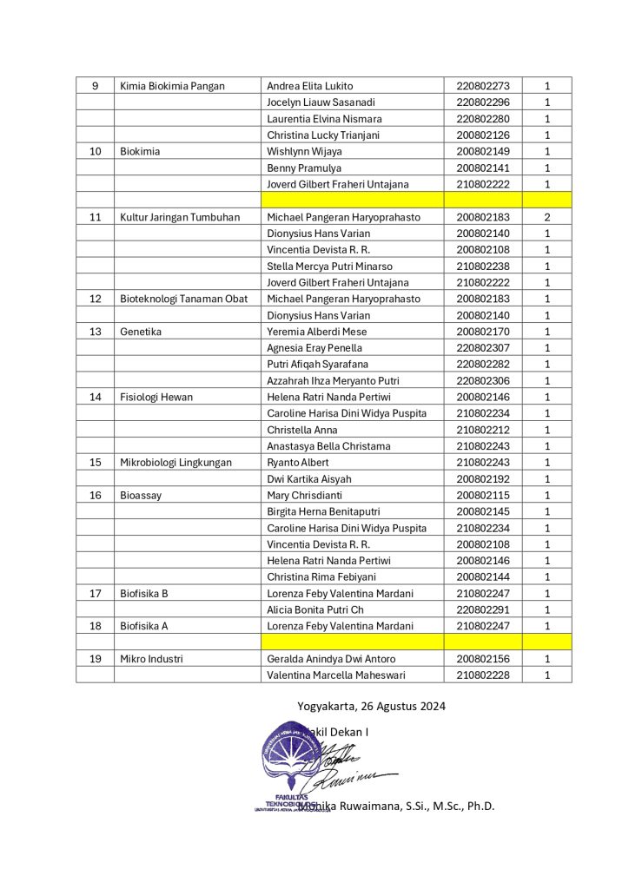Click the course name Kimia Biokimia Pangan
coord(172,86)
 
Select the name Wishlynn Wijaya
coord(304,152)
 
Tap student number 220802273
coord(482,86)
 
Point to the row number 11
coord(95,217)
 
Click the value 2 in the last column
coord(547,217)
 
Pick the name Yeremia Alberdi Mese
coord(316,332)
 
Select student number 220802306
coord(482,381)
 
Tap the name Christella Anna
coord(301,430)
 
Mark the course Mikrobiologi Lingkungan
coord(175,463)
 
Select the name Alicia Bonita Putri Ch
coord(319,609)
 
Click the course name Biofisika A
coord(143,626)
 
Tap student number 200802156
coord(482,659)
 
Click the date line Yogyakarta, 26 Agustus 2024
coord(371,707)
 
